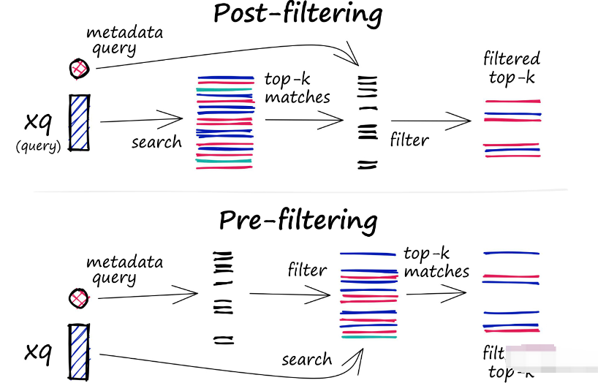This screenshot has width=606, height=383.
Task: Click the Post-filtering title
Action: tap(298, 14)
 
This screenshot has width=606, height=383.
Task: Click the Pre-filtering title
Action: tap(298, 220)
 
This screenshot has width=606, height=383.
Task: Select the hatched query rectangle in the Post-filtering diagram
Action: tap(79, 123)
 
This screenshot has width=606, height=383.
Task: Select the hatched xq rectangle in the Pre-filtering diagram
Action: tap(78, 352)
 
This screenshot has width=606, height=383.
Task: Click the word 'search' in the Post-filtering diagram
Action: tap(156, 141)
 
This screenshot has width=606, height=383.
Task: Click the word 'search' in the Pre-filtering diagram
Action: tap(306, 359)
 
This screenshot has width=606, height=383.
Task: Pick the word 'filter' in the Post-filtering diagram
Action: tap(409, 138)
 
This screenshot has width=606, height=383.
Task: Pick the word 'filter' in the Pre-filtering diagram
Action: tap(307, 270)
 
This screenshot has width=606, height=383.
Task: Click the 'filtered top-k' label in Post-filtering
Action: tap(512, 67)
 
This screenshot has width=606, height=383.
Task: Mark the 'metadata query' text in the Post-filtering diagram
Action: tap(113, 41)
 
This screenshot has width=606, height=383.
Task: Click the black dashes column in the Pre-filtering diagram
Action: tap(222, 296)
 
